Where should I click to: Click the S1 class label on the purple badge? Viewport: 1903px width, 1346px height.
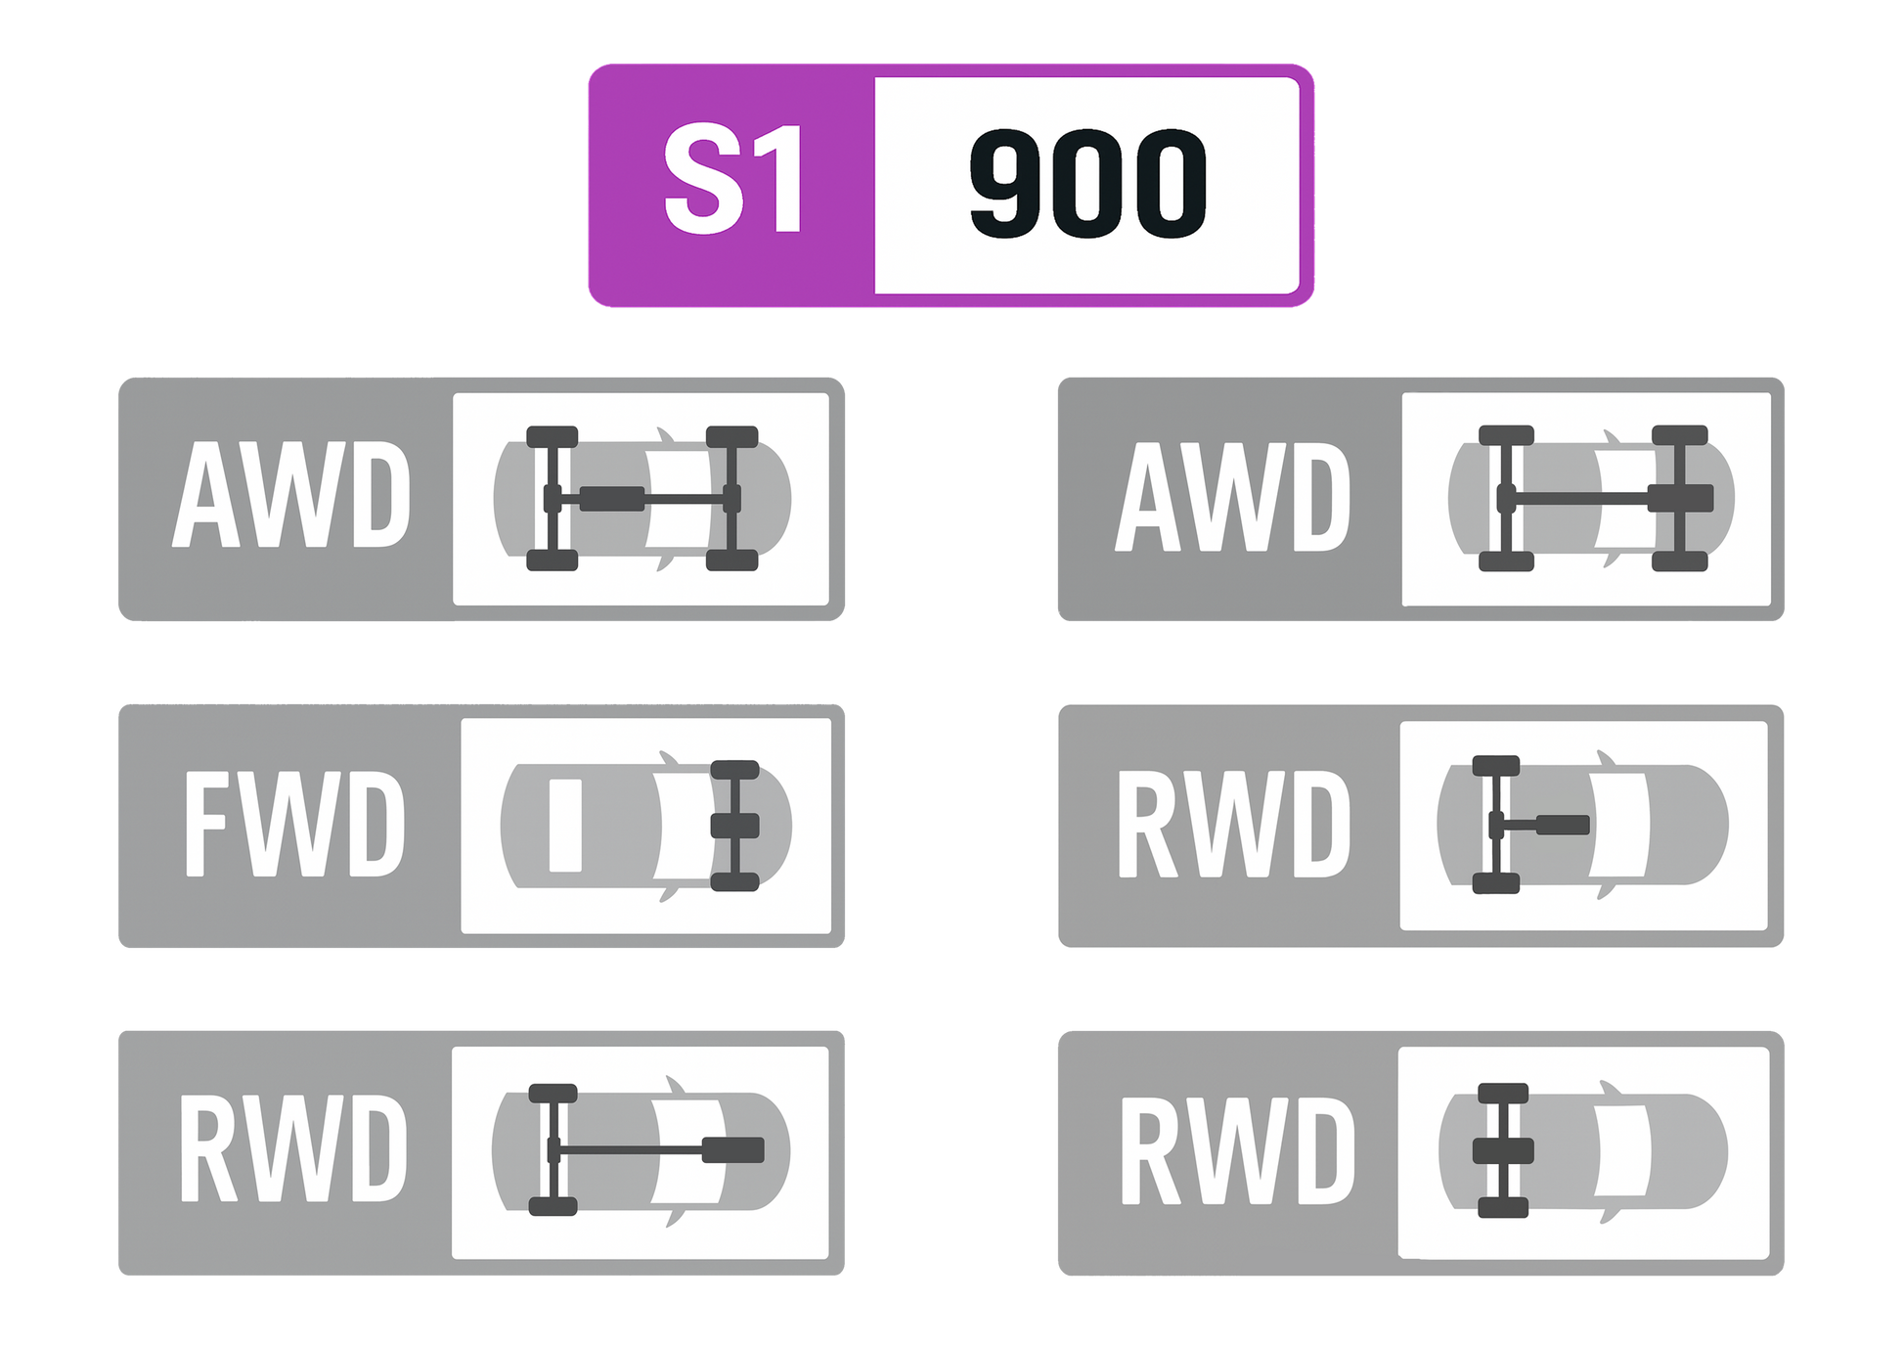click(733, 180)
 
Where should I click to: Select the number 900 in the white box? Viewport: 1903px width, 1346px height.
click(1088, 183)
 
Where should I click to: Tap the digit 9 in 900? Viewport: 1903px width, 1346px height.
click(1008, 183)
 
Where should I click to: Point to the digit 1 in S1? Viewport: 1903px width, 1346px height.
click(780, 179)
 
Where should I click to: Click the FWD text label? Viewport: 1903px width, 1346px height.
click(294, 823)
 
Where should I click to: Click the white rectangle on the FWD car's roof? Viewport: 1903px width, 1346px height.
click(565, 825)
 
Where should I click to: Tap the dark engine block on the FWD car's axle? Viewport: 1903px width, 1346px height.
click(735, 826)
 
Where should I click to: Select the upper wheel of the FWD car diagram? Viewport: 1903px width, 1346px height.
click(734, 770)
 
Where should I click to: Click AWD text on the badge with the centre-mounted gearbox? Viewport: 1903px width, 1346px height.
click(291, 494)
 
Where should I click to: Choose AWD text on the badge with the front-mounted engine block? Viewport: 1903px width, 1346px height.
click(1233, 496)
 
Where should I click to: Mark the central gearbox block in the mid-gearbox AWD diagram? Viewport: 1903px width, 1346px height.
click(612, 499)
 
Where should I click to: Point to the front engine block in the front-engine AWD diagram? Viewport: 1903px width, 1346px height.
click(1681, 498)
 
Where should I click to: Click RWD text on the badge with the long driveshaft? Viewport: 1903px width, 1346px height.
click(293, 1147)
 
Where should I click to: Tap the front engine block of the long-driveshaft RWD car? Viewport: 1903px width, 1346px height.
click(733, 1150)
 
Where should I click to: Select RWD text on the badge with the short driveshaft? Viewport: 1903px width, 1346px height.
click(1234, 823)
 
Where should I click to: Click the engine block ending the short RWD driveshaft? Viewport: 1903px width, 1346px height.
click(1563, 826)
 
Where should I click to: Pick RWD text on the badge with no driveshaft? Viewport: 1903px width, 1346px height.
click(1238, 1149)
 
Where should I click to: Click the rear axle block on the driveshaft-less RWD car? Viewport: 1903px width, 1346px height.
click(1503, 1150)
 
